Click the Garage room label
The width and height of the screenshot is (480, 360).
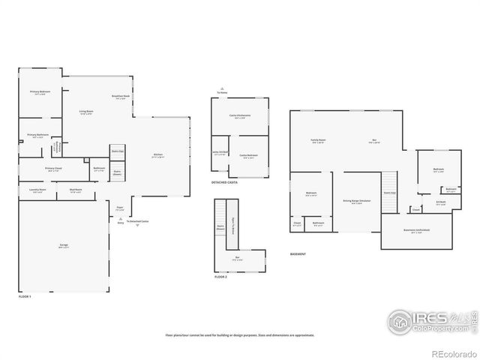pyautogui.click(x=64, y=245)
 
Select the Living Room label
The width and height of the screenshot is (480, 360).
pyautogui.click(x=87, y=112)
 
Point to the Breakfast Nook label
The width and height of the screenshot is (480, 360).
pyautogui.click(x=121, y=97)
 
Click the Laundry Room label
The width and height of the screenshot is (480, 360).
pyautogui.click(x=38, y=190)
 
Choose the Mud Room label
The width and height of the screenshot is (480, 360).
pyautogui.click(x=76, y=190)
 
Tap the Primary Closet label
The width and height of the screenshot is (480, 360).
pyautogui.click(x=52, y=169)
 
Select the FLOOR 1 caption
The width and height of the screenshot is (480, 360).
pyautogui.click(x=25, y=297)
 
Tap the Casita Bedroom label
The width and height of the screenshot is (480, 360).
pyautogui.click(x=248, y=156)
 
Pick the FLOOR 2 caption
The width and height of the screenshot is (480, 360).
pyautogui.click(x=220, y=277)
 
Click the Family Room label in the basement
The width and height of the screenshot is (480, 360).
pyautogui.click(x=318, y=141)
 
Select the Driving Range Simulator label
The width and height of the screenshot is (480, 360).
pyautogui.click(x=357, y=201)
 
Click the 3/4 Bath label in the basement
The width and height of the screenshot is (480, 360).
pyautogui.click(x=441, y=201)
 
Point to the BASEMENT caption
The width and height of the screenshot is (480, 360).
pyautogui.click(x=298, y=254)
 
